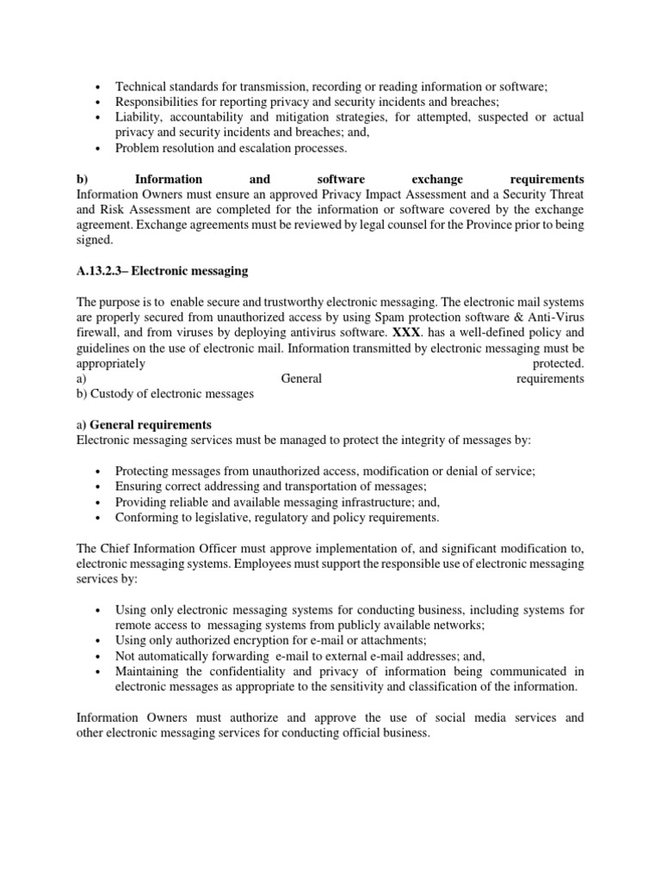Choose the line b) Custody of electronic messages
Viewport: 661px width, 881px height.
pos(165,394)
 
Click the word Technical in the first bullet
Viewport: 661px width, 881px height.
pos(141,86)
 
